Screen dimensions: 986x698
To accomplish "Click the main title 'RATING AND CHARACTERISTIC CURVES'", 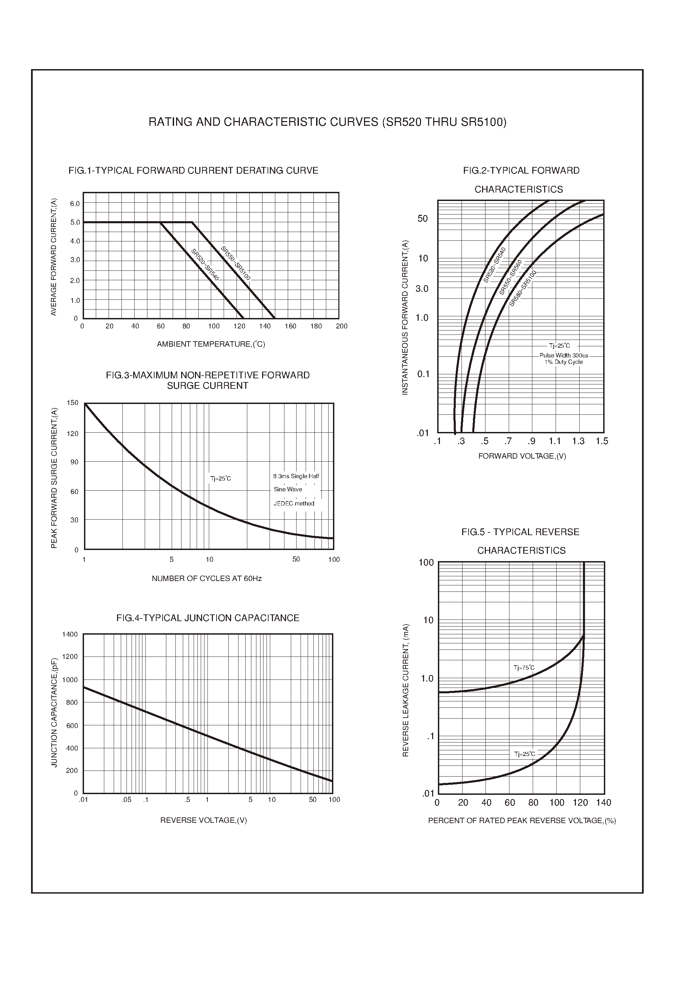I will tap(327, 122).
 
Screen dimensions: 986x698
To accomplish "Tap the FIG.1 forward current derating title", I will tap(193, 171).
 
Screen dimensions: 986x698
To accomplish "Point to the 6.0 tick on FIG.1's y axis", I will tap(75, 204).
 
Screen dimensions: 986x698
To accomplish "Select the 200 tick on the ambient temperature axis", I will tap(341, 326).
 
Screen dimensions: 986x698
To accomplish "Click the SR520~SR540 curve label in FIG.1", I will tap(205, 265).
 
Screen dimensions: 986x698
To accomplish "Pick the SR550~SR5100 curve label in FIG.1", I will tap(235, 263).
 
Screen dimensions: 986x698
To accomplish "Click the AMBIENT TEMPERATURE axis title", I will tap(211, 344).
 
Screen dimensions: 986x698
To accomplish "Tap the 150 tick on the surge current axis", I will tap(73, 403).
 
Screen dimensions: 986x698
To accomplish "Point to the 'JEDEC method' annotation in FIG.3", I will tap(294, 503).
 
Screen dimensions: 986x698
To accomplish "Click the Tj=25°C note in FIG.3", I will tap(221, 478).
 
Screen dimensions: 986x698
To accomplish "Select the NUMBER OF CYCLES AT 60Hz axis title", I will tap(206, 579).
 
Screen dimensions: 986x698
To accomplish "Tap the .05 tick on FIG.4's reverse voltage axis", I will tap(127, 800).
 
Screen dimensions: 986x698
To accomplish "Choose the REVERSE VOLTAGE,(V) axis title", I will tap(203, 820).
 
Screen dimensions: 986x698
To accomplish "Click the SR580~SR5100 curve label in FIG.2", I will tap(523, 288).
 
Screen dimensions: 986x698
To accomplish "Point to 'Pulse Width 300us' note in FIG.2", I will tap(563, 355).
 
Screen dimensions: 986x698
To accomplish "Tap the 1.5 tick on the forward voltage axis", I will tap(602, 441).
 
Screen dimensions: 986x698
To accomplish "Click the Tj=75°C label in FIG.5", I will tap(524, 668).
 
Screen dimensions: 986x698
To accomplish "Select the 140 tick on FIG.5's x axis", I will tap(604, 803).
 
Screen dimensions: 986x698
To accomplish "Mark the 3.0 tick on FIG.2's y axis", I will tap(422, 289).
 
